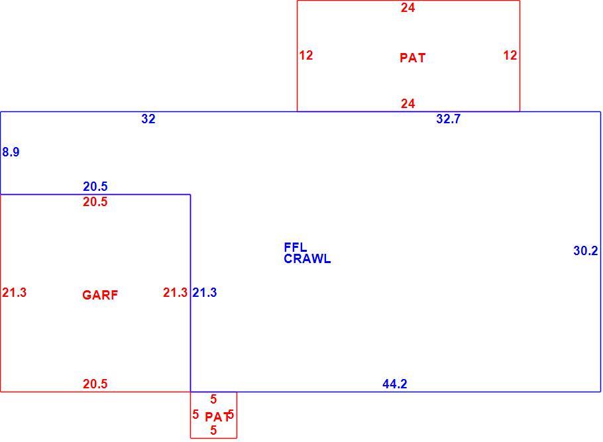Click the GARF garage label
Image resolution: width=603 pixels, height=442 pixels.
[x=100, y=295]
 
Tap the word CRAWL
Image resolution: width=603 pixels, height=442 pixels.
[x=307, y=259]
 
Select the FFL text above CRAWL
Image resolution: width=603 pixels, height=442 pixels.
[x=296, y=247]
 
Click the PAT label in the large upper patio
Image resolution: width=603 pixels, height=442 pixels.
[x=413, y=58]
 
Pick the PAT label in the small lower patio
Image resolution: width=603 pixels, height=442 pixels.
[x=217, y=417]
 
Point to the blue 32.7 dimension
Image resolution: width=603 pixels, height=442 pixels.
[x=449, y=119]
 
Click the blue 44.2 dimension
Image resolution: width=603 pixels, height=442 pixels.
[x=394, y=384]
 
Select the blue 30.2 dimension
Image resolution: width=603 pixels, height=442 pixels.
[x=586, y=250]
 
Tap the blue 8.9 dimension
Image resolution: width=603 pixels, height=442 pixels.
[x=11, y=152]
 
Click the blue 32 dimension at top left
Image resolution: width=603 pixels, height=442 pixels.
[x=148, y=119]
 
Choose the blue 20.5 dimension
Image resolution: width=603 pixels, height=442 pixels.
[x=95, y=187]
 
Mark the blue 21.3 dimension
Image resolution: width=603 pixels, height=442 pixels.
[x=205, y=293]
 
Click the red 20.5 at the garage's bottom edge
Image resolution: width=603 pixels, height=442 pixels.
[x=95, y=384]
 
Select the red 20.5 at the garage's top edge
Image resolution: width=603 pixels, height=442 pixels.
[x=95, y=202]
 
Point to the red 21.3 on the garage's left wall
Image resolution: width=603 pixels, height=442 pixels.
[x=14, y=293]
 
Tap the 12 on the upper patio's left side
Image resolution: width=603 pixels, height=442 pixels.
[x=306, y=56]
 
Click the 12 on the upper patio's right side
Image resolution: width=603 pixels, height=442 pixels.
[x=510, y=56]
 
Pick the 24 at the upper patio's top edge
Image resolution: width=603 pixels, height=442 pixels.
[x=408, y=8]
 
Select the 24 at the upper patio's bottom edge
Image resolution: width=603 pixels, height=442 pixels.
[x=408, y=103]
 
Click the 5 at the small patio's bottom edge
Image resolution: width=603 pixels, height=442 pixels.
[x=213, y=431]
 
